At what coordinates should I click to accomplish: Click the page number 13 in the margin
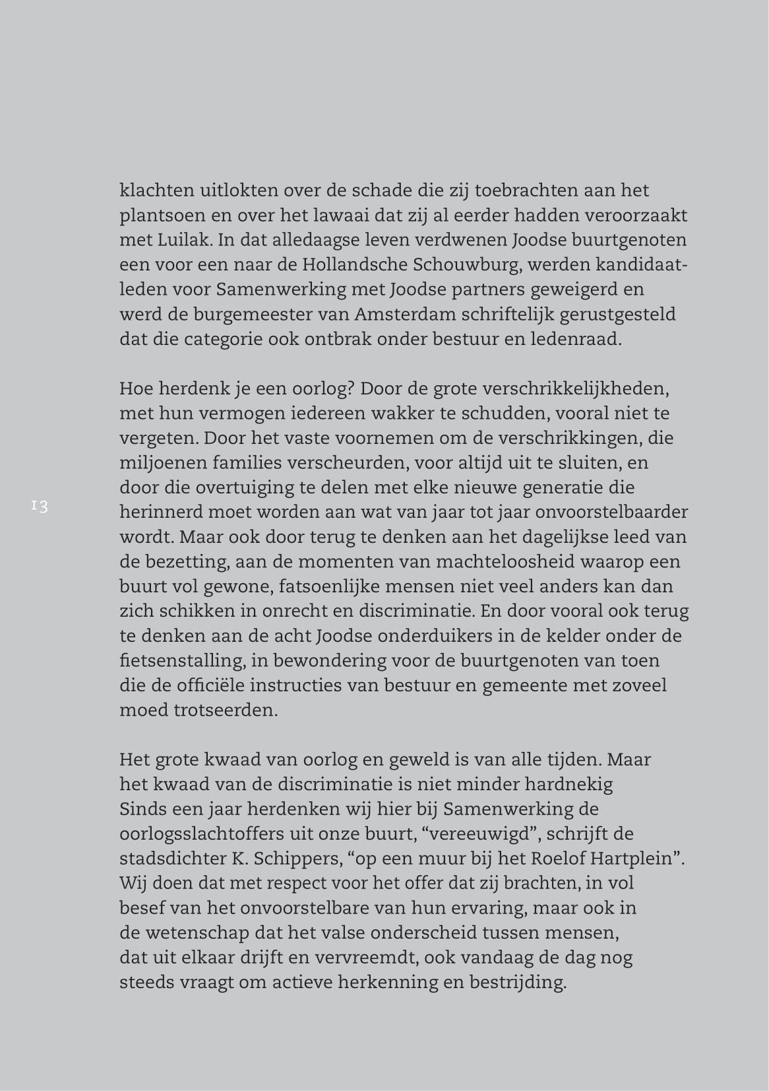click(39, 507)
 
